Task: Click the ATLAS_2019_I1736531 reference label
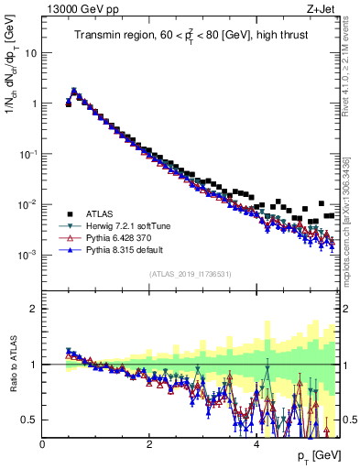(x=191, y=274)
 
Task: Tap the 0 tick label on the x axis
(x=42, y=444)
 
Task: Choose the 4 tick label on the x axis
(x=256, y=444)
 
